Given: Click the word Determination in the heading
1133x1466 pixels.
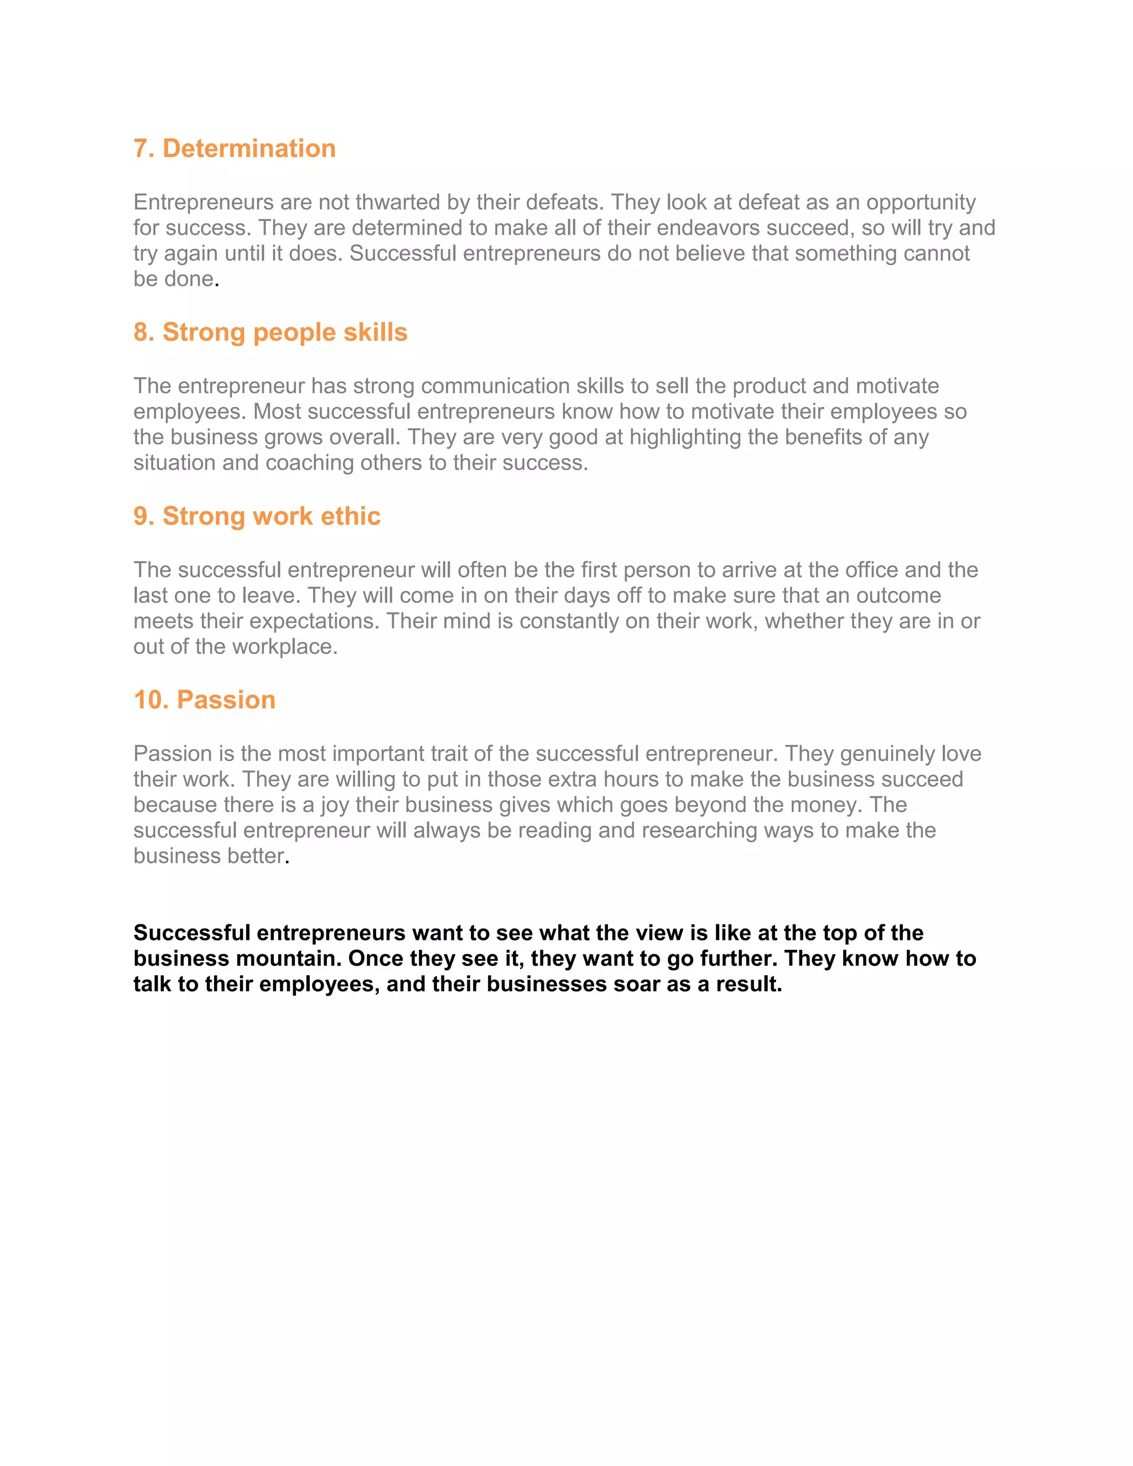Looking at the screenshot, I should [x=249, y=148].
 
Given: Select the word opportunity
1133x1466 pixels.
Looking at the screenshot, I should [x=921, y=202].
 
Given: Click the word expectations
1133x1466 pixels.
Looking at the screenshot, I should [x=314, y=621].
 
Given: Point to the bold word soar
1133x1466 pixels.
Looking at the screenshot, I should [x=636, y=984].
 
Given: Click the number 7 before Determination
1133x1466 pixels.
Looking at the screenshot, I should [x=141, y=148].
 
